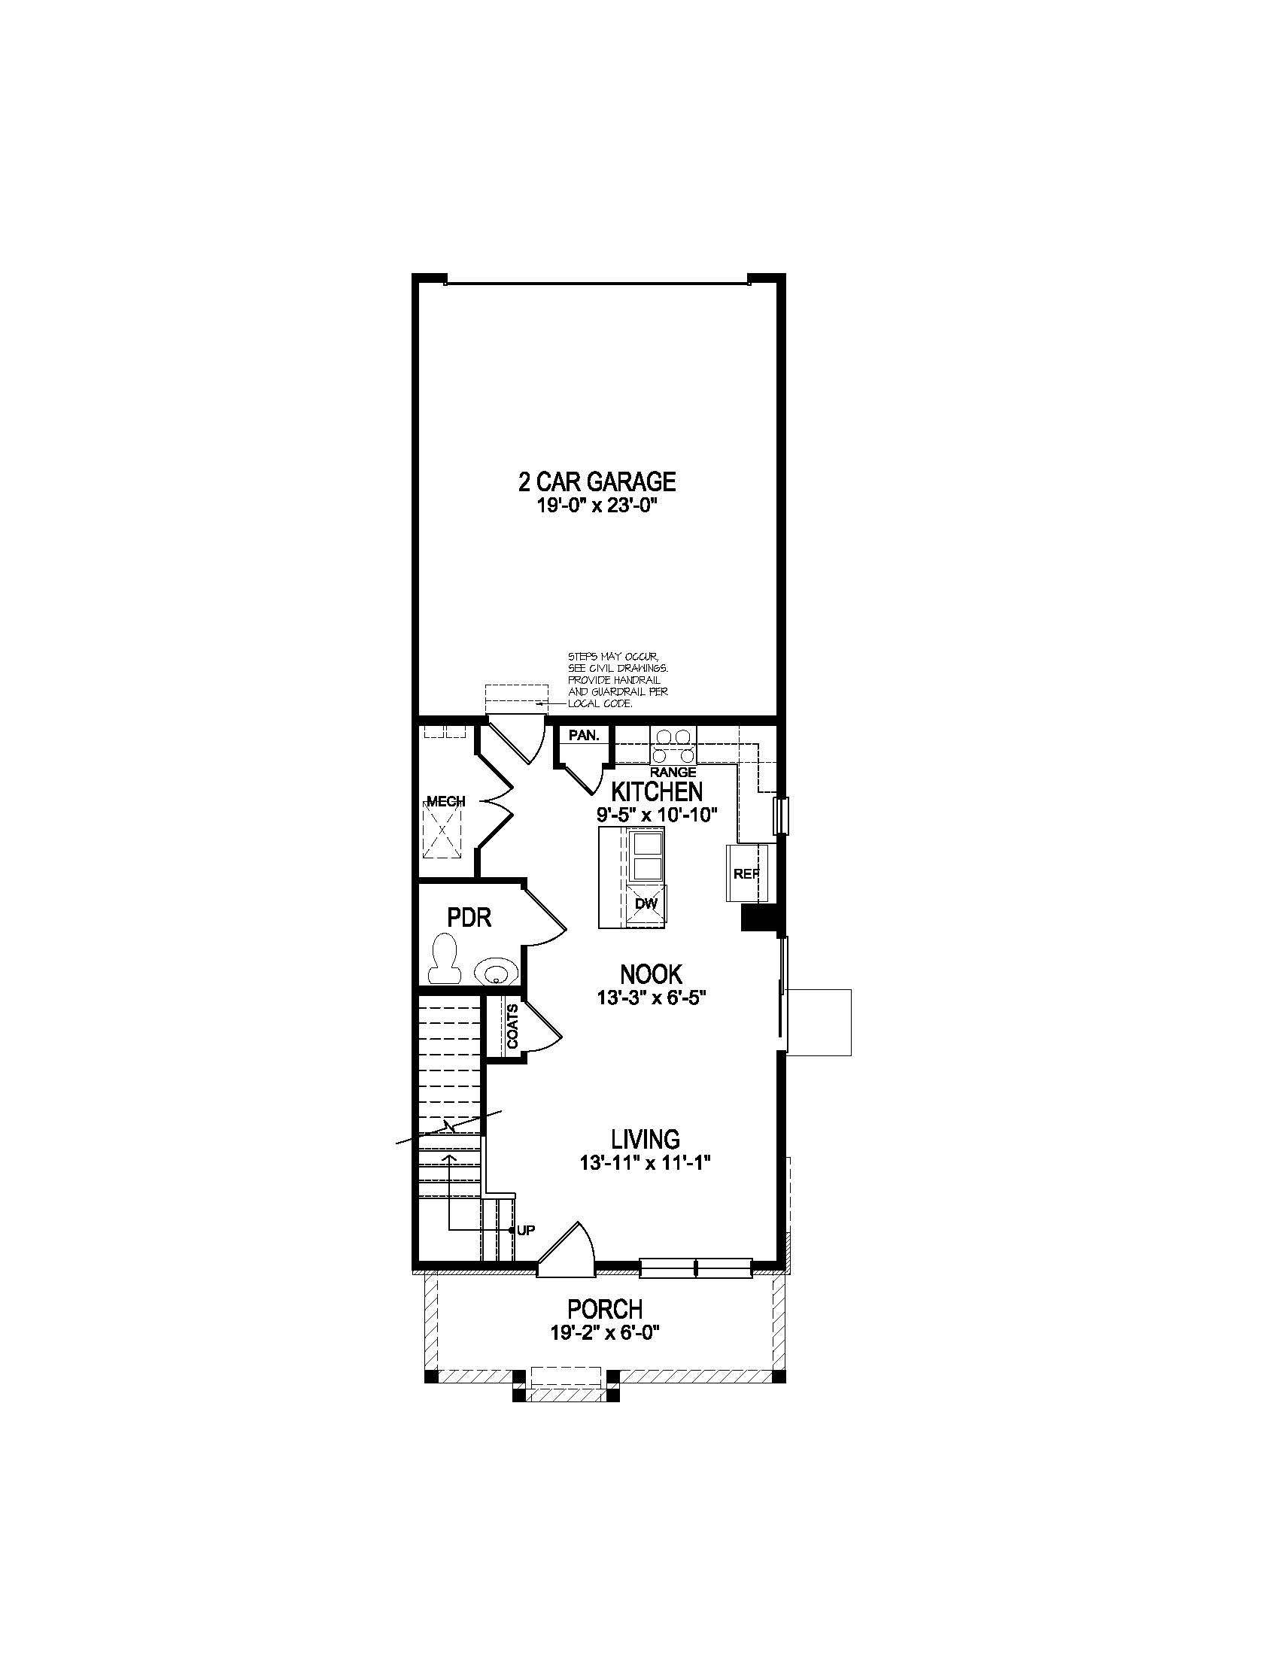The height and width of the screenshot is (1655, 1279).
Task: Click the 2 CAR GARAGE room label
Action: point(597,481)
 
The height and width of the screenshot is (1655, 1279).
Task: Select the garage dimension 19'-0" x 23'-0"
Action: point(596,506)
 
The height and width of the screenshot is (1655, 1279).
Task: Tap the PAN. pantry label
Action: point(583,735)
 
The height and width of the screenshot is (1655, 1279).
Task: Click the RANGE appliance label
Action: point(673,772)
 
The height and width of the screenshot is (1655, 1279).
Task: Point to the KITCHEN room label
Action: point(657,792)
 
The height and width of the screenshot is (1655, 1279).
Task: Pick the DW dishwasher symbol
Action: point(646,903)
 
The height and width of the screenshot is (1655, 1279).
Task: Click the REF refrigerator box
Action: point(747,873)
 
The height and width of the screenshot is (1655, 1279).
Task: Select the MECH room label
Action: point(446,802)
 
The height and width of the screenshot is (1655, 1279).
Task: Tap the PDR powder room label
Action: point(469,918)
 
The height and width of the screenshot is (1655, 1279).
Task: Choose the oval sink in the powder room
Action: point(497,970)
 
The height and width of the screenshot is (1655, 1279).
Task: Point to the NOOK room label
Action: point(651,973)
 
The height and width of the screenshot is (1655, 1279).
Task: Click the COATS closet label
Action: point(513,1027)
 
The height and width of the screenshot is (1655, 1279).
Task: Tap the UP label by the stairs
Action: point(526,1231)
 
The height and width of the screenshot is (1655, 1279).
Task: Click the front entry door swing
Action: point(568,1251)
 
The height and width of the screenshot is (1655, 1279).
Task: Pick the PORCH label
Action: point(605,1309)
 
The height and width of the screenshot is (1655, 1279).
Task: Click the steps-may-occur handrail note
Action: point(618,680)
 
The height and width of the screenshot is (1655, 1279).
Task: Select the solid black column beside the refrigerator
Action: point(760,918)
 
